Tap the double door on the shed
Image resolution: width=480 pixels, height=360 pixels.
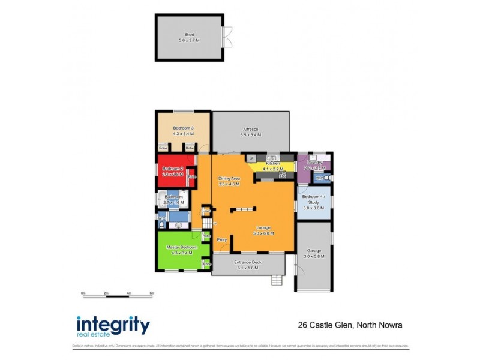pyautogui.click(x=226, y=37)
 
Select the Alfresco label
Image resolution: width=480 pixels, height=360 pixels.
pyautogui.click(x=250, y=129)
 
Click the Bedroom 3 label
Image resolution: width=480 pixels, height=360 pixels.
pyautogui.click(x=183, y=128)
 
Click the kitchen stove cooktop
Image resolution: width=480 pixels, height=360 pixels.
pyautogui.click(x=282, y=175)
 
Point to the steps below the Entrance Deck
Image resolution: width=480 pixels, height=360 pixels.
pyautogui.click(x=277, y=280)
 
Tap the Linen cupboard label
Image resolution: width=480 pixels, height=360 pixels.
pyautogui.click(x=206, y=211)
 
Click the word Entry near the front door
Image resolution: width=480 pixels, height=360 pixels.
pyautogui.click(x=221, y=239)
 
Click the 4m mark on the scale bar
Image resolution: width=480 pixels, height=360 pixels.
pyautogui.click(x=129, y=293)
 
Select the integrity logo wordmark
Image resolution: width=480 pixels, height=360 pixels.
pyautogui.click(x=113, y=325)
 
